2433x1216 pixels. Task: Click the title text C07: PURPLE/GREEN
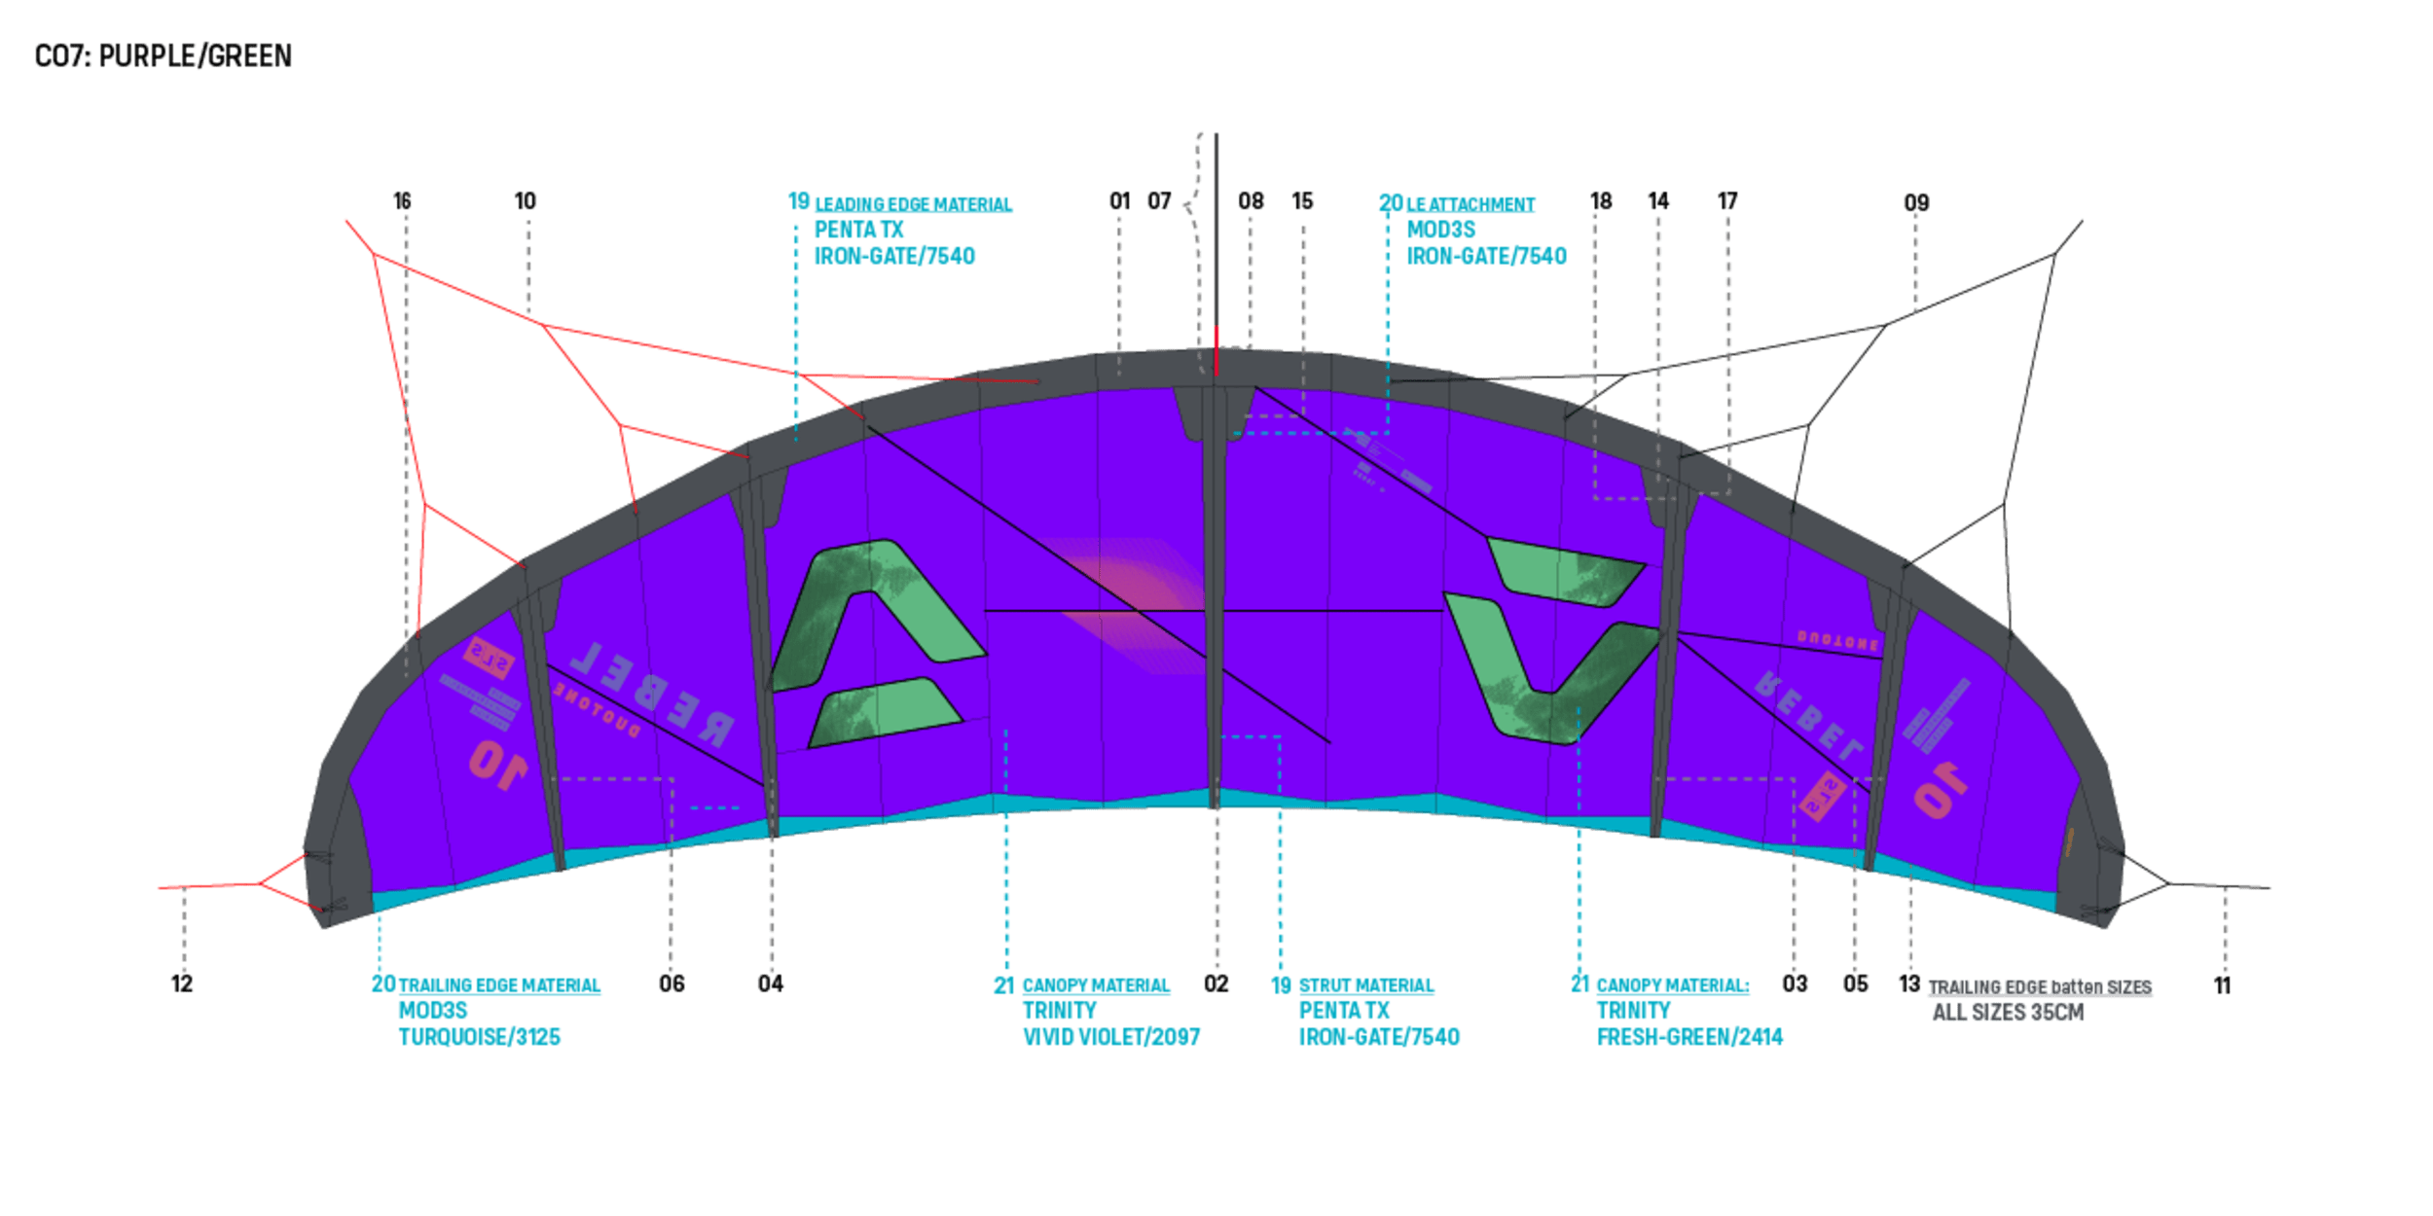click(163, 56)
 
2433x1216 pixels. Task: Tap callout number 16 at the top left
click(402, 201)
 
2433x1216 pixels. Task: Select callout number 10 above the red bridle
click(526, 201)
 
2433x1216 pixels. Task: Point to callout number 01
click(1119, 201)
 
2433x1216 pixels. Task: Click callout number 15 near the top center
click(1302, 201)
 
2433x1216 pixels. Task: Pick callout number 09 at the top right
click(1916, 203)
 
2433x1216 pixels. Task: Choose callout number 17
click(1727, 201)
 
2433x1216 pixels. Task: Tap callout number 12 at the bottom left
click(182, 984)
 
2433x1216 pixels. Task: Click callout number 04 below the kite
click(770, 984)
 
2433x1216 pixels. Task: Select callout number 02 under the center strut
click(1216, 984)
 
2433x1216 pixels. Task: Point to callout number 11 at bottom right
click(2223, 986)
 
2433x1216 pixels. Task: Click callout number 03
click(1795, 984)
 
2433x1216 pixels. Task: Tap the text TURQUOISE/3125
click(480, 1037)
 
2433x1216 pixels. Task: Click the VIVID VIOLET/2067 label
click(1111, 1037)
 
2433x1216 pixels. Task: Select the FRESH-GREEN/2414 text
click(1689, 1037)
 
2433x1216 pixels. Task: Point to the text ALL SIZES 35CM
click(2008, 1013)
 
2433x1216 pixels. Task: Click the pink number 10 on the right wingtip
click(1940, 790)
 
